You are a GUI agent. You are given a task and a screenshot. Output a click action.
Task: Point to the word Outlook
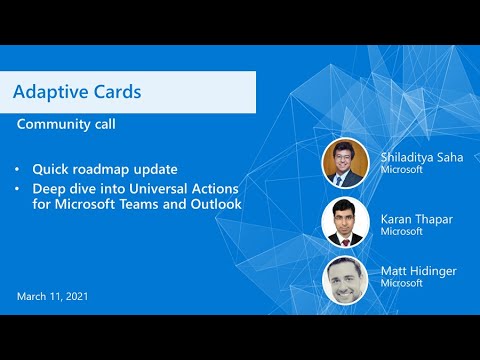[218, 205]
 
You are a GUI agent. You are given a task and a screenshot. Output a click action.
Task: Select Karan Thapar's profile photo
[346, 222]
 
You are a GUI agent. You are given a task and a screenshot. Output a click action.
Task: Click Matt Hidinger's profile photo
[346, 279]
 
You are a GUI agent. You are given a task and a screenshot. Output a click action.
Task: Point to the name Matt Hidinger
[412, 270]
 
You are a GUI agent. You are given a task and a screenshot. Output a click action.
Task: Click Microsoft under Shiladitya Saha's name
[400, 170]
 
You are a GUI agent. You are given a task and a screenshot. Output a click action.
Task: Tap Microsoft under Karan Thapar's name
[400, 230]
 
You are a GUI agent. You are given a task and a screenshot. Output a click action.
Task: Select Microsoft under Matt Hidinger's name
[400, 284]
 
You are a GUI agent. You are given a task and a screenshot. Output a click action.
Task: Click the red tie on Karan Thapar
[346, 239]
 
